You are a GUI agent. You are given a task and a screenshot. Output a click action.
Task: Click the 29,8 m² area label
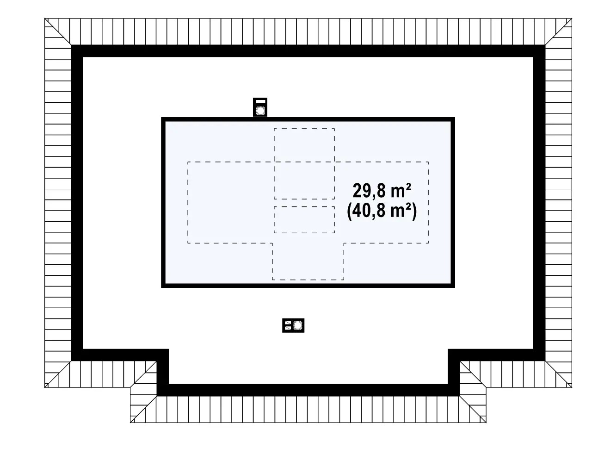pos(382,191)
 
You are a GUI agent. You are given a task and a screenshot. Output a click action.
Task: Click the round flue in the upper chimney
pos(260,111)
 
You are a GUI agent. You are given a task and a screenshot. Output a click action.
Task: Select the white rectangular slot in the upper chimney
pos(260,101)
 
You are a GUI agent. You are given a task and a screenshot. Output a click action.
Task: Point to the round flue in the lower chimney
pos(297,325)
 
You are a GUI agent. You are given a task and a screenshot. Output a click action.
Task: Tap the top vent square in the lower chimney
pos(288,323)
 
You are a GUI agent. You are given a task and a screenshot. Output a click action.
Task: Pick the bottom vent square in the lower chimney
pos(288,328)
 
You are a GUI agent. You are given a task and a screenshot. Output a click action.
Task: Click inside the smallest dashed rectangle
pos(304,220)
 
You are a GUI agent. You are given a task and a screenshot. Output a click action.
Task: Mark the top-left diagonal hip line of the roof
pos(58,31)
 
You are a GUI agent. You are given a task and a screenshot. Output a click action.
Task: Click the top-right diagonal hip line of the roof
pos(559,31)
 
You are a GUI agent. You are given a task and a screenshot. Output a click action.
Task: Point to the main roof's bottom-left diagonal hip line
pos(58,374)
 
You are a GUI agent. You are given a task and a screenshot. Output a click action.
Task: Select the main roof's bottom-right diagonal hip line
pos(559,374)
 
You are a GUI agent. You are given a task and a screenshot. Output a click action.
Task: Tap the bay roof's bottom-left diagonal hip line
pos(143,409)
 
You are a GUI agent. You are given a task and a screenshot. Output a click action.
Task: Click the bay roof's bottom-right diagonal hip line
pos(473,409)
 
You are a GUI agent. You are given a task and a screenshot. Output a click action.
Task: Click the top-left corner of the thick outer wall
pos(71,45)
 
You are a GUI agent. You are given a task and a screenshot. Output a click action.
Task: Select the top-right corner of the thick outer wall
pos(545,45)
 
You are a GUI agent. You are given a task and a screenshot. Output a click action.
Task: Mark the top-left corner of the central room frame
pos(161,118)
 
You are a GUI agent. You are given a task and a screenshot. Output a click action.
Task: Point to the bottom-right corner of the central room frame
pos(455,287)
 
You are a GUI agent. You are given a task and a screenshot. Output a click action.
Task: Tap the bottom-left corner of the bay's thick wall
pos(157,396)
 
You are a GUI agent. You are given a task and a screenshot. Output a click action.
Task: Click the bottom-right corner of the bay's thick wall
pos(459,396)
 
